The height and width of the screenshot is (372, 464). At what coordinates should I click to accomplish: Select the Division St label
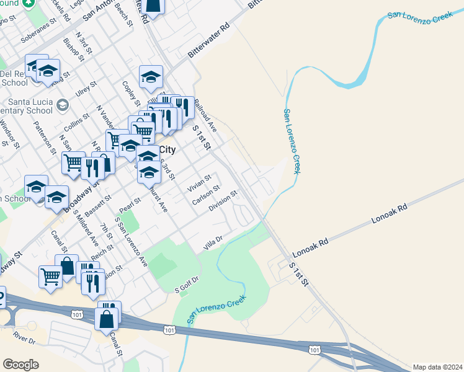(x=224, y=201)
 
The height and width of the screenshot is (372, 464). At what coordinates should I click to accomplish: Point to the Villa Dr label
(x=213, y=244)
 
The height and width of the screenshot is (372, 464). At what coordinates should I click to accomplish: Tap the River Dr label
(x=24, y=340)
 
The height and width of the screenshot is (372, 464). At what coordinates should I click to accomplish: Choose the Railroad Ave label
(x=205, y=115)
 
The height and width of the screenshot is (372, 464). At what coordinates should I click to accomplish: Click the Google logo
(x=20, y=365)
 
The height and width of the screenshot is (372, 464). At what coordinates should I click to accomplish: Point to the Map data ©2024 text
(x=437, y=367)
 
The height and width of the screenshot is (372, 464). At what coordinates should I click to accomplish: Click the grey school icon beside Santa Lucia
(x=62, y=104)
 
